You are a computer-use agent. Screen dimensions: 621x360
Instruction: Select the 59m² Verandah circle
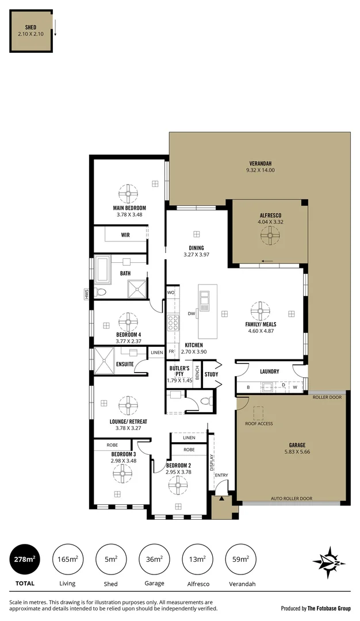[241, 559]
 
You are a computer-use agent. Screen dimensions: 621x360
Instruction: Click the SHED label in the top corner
[30, 28]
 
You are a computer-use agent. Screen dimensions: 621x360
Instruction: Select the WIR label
[125, 235]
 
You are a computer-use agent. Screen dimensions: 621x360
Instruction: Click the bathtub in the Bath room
[104, 268]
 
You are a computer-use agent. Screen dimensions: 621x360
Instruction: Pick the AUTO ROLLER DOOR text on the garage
[292, 499]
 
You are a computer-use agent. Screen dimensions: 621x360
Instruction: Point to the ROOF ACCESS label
[259, 424]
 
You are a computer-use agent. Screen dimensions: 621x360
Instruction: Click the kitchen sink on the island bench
[204, 300]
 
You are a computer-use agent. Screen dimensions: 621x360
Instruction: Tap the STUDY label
[211, 374]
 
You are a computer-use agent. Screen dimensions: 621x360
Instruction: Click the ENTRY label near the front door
[221, 475]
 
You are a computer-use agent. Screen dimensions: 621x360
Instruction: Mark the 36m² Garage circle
[154, 559]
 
